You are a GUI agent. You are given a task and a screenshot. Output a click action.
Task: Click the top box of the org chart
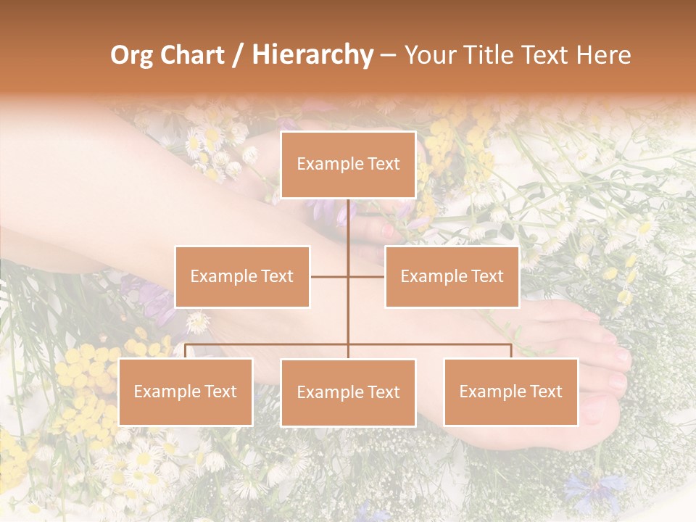coord(348,165)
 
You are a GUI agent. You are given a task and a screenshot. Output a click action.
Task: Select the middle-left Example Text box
coord(242,276)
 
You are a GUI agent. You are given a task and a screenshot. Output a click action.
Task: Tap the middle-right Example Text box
coord(452,276)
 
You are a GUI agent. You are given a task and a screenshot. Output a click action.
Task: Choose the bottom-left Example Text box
coord(186,391)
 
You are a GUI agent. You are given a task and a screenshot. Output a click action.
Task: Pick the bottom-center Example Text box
coord(348,392)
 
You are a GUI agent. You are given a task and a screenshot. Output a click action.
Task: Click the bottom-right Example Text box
coord(510,391)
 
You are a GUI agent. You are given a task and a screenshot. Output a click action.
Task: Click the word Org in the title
coord(132,55)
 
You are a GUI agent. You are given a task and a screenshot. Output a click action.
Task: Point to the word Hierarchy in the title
coord(312,55)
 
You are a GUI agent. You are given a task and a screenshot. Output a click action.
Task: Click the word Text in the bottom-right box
coord(544,391)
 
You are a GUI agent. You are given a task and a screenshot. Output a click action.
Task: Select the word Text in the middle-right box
coord(486,276)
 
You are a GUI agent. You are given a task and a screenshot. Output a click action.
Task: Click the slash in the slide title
coord(238,55)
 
